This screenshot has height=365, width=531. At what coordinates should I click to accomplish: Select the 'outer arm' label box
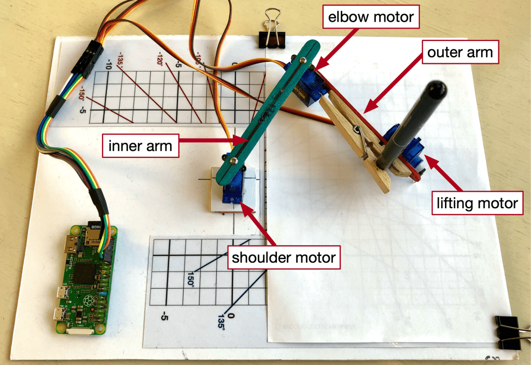click(460, 52)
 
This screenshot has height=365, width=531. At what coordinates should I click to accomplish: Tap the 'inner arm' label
click(140, 146)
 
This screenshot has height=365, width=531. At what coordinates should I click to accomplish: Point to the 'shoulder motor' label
click(284, 256)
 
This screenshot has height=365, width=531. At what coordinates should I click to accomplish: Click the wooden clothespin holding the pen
click(363, 143)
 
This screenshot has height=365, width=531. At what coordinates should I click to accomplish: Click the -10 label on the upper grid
click(109, 64)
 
